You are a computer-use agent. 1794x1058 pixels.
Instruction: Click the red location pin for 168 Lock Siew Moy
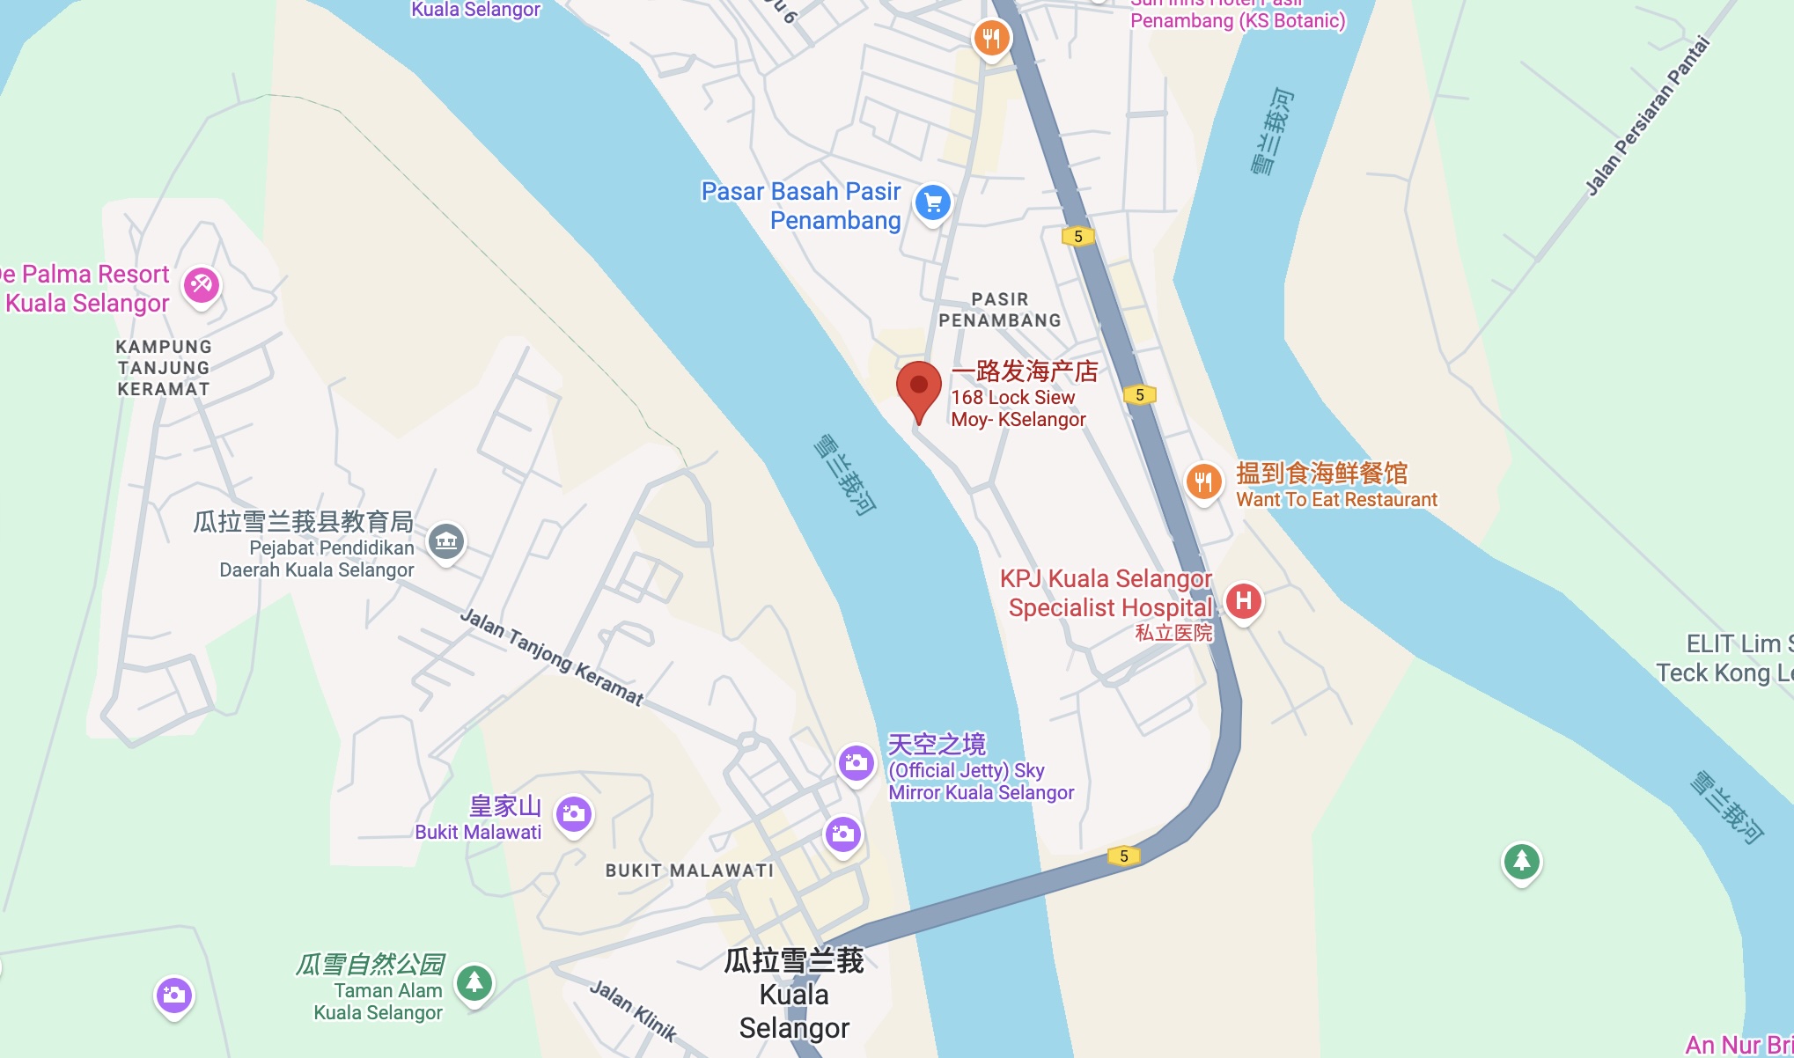(918, 388)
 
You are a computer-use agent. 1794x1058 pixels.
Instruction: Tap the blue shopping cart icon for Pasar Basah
(932, 203)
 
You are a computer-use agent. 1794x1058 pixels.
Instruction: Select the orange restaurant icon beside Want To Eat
(1203, 482)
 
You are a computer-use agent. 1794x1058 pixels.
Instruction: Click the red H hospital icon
(1243, 602)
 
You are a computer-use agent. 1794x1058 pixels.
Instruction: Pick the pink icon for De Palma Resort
(202, 284)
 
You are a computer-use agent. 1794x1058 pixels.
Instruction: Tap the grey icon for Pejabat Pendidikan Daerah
(446, 540)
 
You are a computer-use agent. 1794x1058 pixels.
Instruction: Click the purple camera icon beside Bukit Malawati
(574, 814)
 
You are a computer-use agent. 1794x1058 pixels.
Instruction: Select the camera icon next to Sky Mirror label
(856, 763)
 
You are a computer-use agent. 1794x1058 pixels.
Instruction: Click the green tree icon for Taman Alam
(474, 981)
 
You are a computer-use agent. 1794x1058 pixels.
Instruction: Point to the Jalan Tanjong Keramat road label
(551, 657)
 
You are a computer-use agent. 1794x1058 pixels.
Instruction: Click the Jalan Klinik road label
(632, 1010)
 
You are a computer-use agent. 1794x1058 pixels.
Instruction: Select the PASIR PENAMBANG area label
(1000, 310)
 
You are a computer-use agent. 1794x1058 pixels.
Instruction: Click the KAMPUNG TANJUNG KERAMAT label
(164, 368)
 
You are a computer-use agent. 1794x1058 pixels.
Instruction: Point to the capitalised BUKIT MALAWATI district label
(689, 871)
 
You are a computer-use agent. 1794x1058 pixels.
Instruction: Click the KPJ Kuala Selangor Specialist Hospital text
(1107, 593)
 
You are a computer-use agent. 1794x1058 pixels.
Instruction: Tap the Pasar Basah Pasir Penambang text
(801, 205)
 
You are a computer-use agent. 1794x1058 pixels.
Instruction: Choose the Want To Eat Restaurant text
(1336, 499)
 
